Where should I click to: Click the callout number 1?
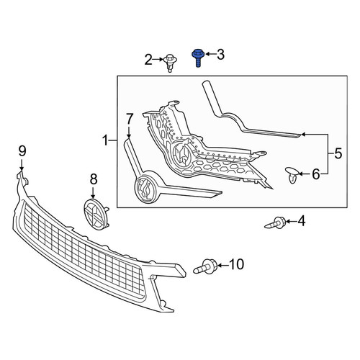[106, 140]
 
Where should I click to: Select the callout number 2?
[148, 60]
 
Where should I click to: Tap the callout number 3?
[220, 54]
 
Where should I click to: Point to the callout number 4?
[301, 221]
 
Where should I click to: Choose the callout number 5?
[338, 153]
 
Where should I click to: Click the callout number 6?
[316, 174]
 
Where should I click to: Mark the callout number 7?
[130, 119]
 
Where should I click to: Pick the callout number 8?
[94, 179]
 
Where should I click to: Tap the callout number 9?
[22, 151]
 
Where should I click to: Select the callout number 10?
[236, 264]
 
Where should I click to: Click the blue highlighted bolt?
[197, 58]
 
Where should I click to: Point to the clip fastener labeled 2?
[170, 63]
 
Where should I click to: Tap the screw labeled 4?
[275, 222]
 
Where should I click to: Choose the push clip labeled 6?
[292, 175]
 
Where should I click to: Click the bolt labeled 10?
[205, 267]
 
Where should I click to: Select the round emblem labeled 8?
[96, 214]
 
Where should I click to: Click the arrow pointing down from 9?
[22, 165]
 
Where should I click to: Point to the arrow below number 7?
[129, 132]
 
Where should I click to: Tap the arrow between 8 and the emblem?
[93, 192]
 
